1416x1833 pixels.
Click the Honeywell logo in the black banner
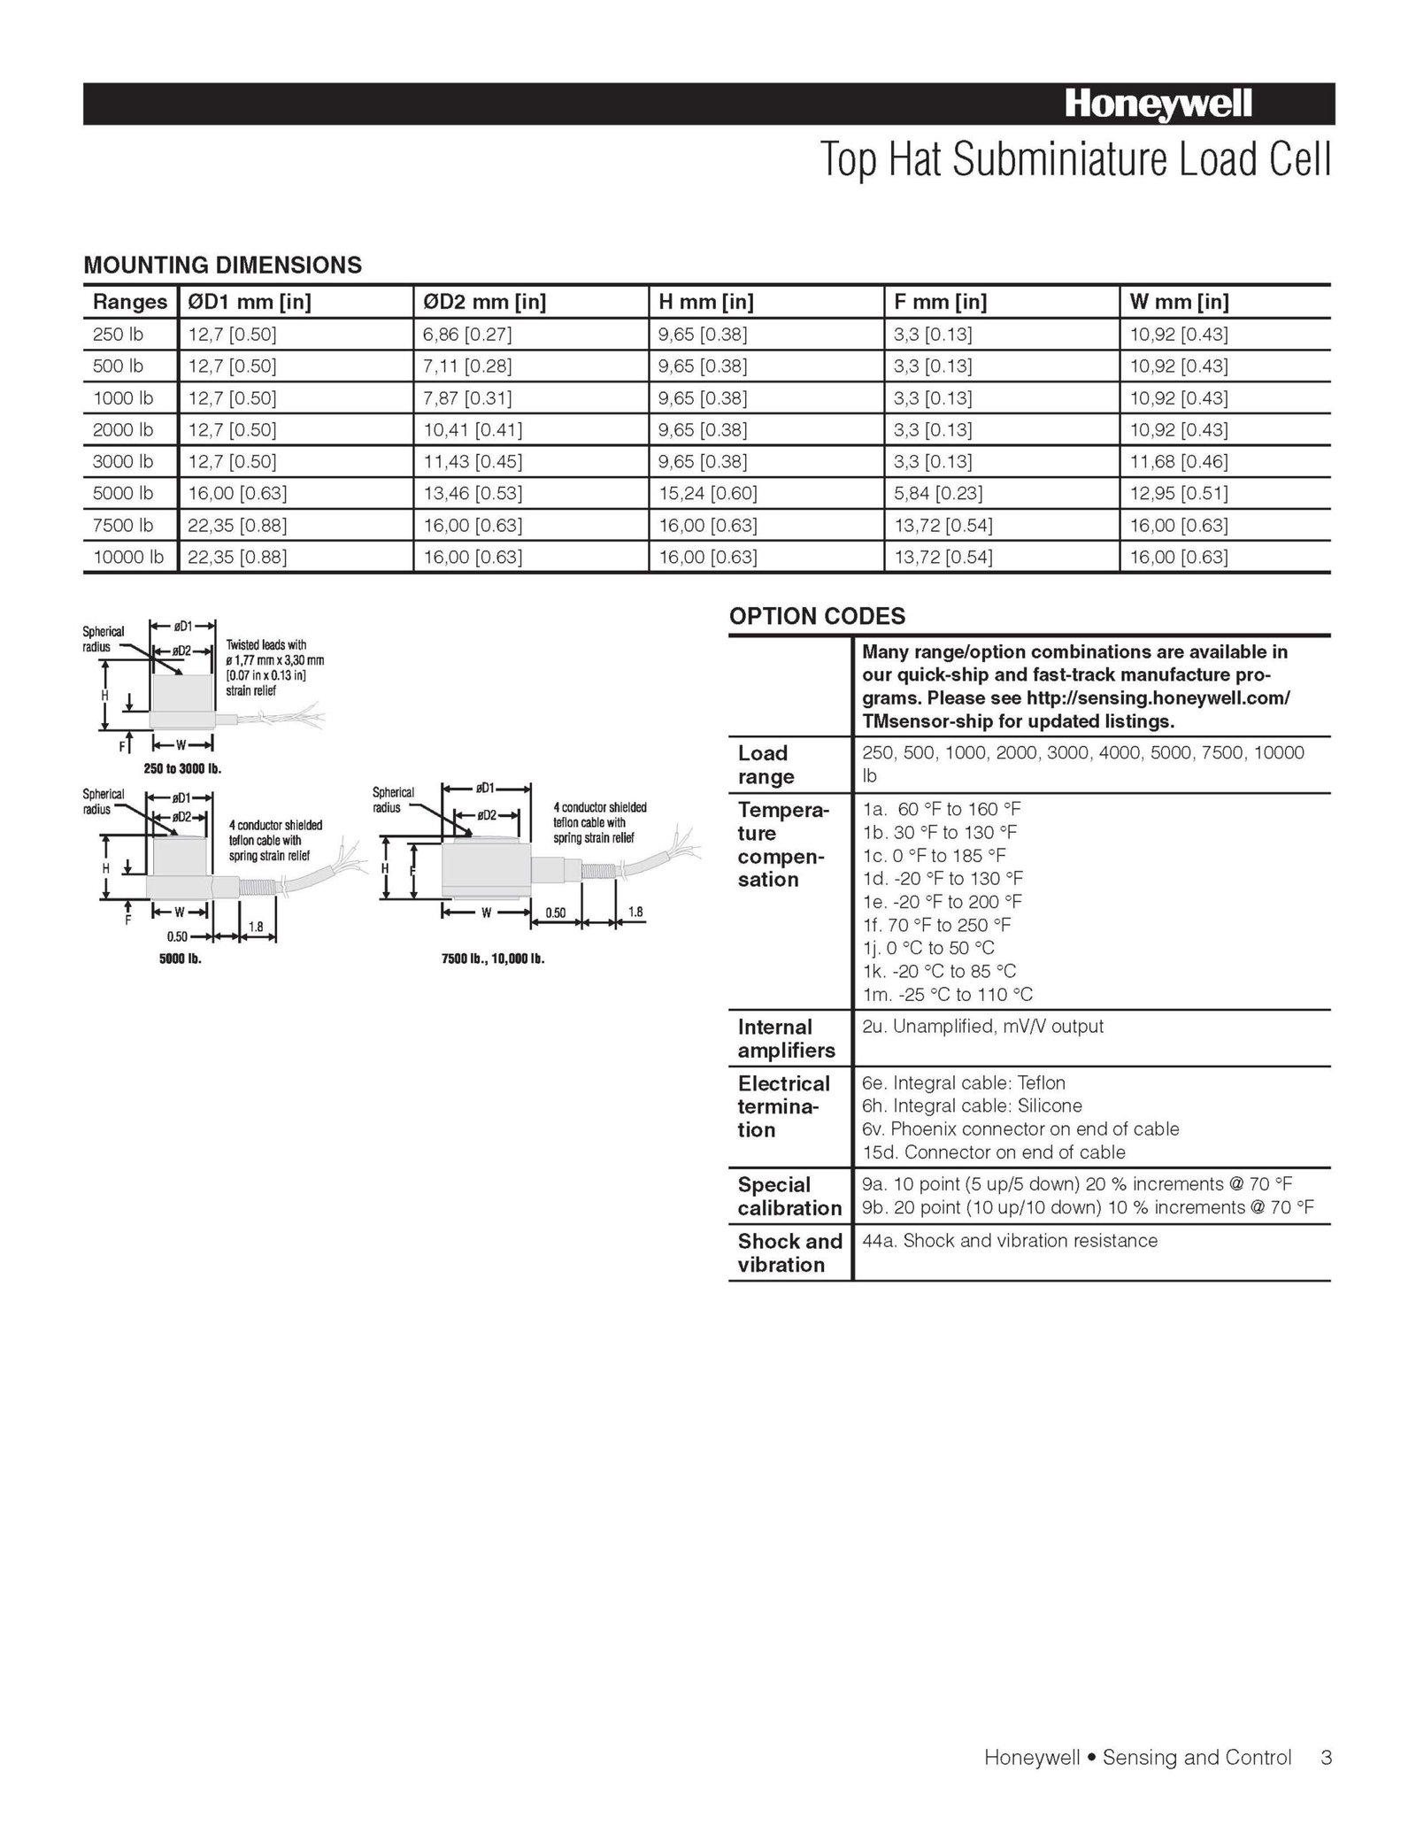pos(1158,105)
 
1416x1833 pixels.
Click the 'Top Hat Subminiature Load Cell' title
pos(1075,159)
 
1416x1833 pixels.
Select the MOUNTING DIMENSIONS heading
pos(222,265)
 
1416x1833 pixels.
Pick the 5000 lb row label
pos(123,493)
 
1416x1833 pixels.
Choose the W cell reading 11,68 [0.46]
pos(1179,461)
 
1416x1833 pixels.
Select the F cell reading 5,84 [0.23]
pos(938,493)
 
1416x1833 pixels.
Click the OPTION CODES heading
pos(817,616)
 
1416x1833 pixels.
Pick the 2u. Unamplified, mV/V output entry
pos(982,1027)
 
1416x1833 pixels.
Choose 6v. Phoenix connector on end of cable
pos(1020,1129)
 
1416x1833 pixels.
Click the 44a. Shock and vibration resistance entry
pos(1010,1241)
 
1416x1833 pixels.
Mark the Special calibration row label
pos(789,1197)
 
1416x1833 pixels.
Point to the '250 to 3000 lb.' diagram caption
pos(182,768)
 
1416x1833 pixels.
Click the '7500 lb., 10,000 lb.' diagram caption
pos(493,959)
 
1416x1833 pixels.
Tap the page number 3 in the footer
pos(1326,1757)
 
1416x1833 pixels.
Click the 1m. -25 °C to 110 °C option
pos(948,995)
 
